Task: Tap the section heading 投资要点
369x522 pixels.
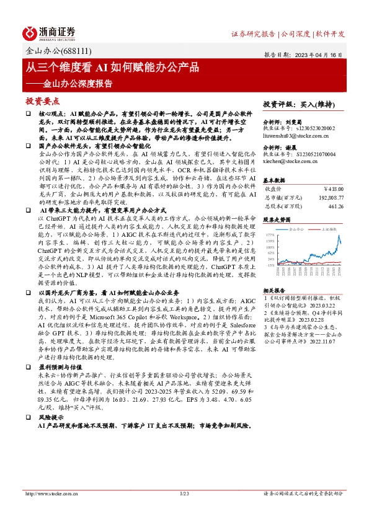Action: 43,100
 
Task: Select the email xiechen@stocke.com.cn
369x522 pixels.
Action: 290,161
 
